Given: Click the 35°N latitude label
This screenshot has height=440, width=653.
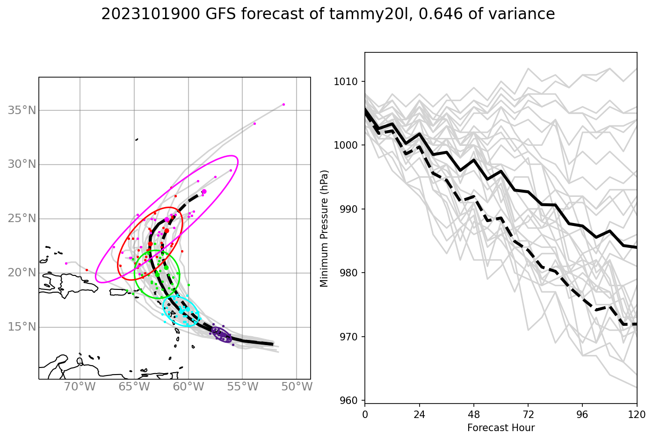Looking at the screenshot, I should point(22,110).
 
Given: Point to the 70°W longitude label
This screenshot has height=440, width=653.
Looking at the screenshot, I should point(80,387).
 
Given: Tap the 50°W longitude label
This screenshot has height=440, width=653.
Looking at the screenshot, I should point(297,387).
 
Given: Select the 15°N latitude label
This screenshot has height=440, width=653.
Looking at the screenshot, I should point(22,327).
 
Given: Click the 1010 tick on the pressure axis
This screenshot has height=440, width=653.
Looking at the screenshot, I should point(346,81).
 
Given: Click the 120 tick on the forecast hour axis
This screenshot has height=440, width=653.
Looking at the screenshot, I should point(637,414).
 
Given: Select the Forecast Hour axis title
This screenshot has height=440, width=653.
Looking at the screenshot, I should point(501,428).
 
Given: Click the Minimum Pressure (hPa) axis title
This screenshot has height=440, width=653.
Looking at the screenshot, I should point(324,228).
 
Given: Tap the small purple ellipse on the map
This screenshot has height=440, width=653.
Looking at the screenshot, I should point(222,335).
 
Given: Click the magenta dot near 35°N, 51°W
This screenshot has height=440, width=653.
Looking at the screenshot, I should point(283,104).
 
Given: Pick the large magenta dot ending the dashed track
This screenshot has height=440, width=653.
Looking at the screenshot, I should point(204,192).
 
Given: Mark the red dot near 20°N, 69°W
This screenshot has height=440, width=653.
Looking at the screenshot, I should point(87,270).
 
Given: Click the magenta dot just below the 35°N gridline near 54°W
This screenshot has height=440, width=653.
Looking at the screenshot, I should point(254,123).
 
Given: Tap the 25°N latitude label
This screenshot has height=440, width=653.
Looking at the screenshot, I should point(22,218).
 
